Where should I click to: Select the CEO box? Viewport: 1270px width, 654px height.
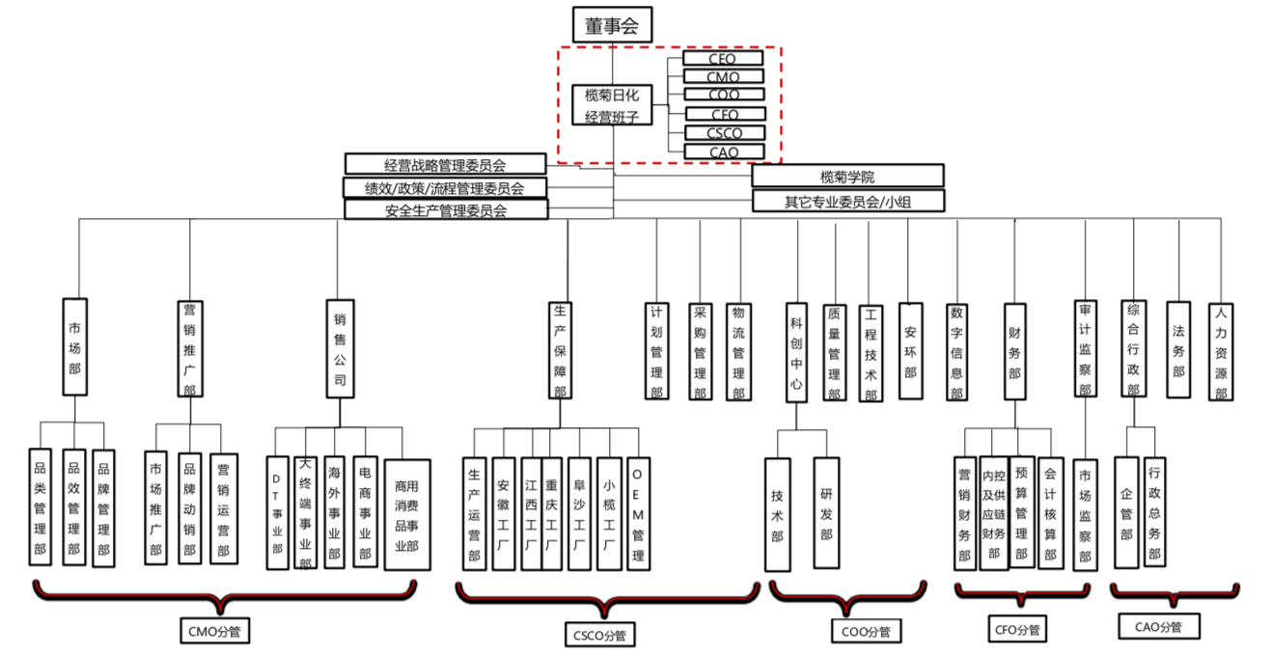point(723,59)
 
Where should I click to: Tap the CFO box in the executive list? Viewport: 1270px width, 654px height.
point(724,114)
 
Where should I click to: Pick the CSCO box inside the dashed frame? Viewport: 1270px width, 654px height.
point(724,133)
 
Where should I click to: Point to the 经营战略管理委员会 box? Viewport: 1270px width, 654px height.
point(445,165)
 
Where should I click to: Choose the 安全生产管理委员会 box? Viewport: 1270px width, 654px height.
point(445,209)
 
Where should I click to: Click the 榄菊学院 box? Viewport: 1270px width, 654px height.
point(846,177)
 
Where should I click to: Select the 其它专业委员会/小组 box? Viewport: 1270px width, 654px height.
point(846,203)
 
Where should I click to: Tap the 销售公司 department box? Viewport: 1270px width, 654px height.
point(340,348)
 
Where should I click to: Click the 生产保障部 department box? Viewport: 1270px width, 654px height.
point(561,349)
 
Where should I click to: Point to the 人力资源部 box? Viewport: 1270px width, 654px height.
point(1221,352)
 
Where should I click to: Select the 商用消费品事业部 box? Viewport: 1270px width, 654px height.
point(406,513)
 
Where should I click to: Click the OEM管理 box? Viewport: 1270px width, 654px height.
point(638,513)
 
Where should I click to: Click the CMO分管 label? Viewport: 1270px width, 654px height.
point(215,633)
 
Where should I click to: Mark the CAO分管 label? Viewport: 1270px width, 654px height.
point(1158,627)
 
